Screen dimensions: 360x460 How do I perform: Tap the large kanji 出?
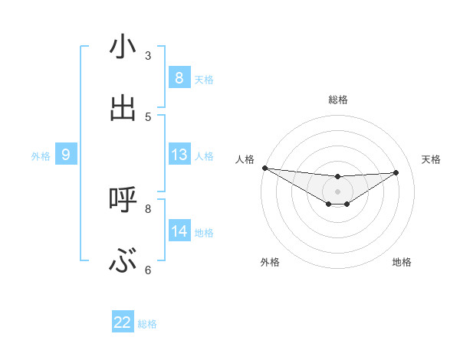pos(123,110)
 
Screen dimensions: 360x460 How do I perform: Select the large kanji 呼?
pos(123,200)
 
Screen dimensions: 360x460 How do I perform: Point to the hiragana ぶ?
pos(123,263)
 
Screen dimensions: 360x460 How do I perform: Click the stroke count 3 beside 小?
pos(148,55)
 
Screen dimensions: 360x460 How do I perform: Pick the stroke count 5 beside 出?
pos(148,116)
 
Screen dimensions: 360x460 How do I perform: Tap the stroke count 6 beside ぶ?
pos(148,270)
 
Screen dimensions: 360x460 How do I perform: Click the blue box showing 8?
pos(179,78)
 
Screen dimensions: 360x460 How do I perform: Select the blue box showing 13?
pos(179,155)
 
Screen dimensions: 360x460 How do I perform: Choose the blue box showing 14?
pos(179,231)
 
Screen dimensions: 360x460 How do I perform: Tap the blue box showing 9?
pos(66,155)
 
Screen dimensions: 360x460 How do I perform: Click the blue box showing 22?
pos(123,322)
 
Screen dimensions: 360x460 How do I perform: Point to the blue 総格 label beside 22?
pos(148,324)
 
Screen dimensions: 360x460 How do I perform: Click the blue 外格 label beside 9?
pos(41,156)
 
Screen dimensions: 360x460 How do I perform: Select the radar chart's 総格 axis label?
pos(337,100)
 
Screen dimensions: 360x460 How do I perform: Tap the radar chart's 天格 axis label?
pos(431,159)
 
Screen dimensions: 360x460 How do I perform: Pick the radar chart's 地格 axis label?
pos(402,262)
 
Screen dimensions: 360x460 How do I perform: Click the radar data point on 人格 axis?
pos(264,168)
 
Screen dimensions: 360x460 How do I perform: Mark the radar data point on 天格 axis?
pos(396,172)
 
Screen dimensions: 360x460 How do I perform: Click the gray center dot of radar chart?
pos(337,191)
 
